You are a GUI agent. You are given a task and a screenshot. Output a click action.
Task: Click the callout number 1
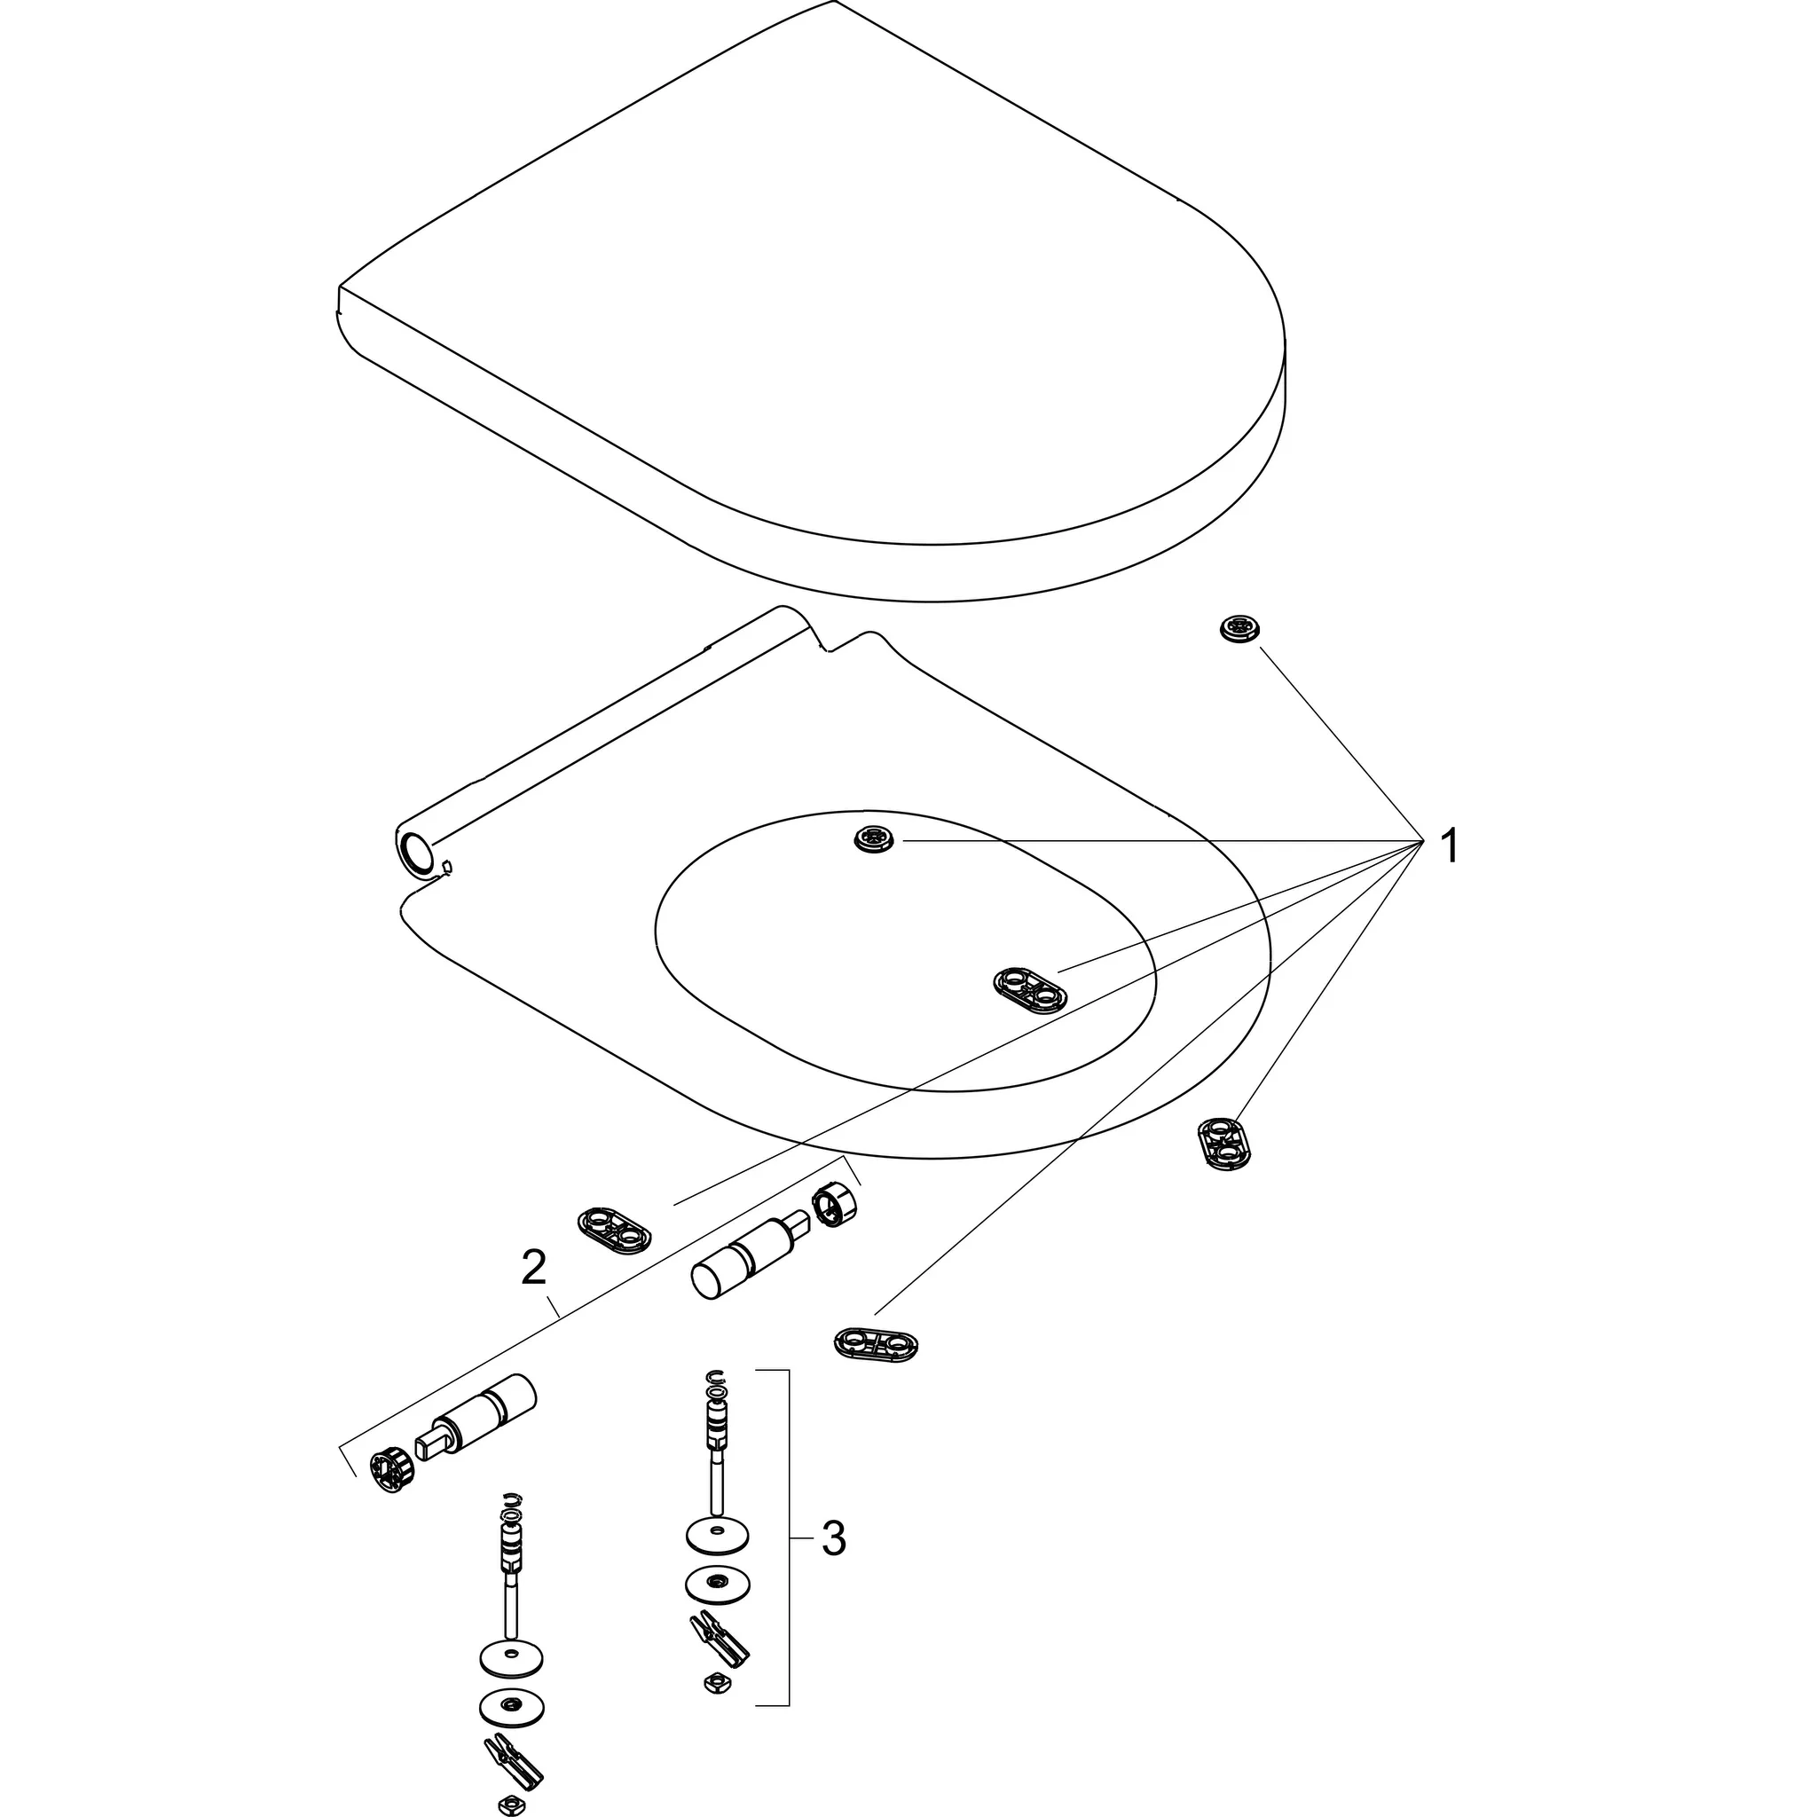tap(1450, 846)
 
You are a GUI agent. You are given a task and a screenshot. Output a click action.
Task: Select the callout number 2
tap(533, 1269)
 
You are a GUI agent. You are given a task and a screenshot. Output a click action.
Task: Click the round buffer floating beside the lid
tap(1239, 629)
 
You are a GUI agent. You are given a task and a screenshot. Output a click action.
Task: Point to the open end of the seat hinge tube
tap(417, 856)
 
